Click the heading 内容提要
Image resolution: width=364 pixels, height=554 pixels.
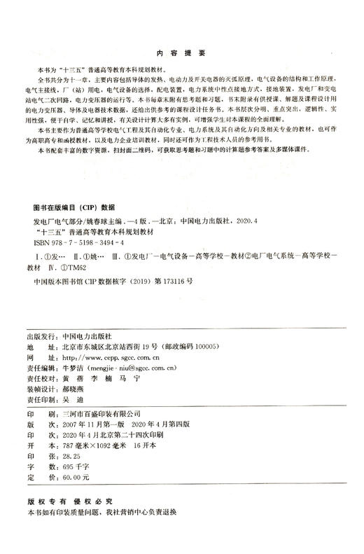tap(181, 53)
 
